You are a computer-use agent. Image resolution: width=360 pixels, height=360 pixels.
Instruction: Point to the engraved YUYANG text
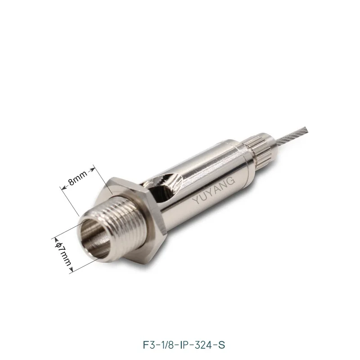point(213,190)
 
